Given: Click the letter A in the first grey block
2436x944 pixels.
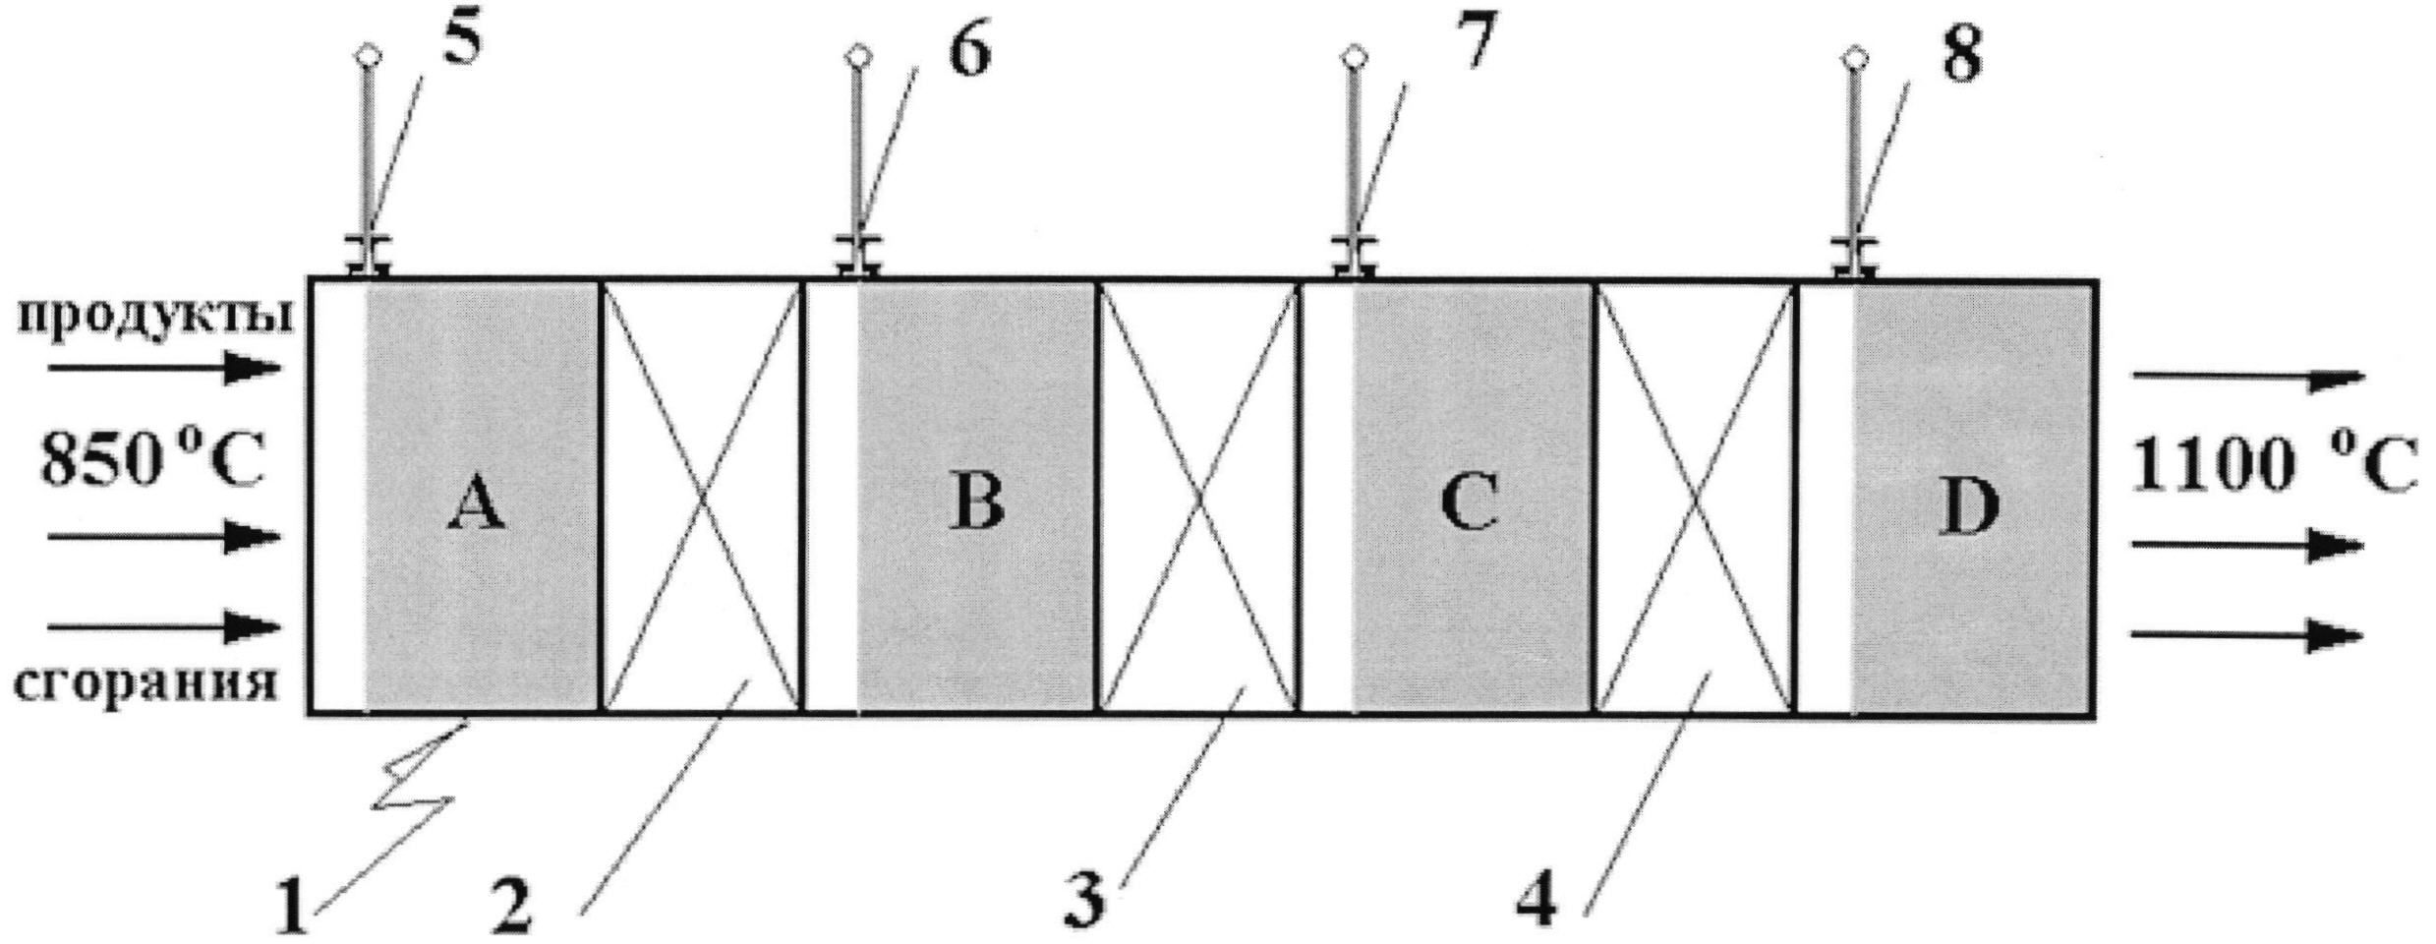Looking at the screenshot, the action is click(478, 507).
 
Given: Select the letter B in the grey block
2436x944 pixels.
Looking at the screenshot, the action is click(976, 502).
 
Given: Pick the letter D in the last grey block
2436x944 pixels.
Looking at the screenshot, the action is click(1968, 507).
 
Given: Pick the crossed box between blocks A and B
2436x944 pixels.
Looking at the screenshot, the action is click(700, 497).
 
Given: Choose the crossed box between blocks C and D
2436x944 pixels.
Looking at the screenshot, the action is click(1694, 497).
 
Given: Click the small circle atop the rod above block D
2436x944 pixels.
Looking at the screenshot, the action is click(1853, 58).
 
